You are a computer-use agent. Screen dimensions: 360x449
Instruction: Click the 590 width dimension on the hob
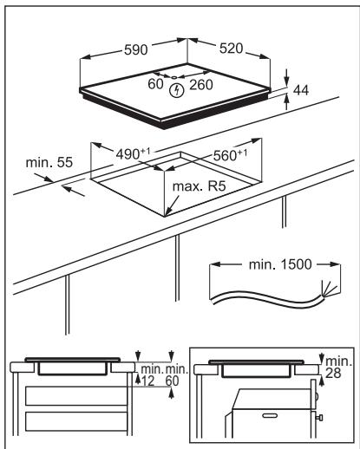(135, 49)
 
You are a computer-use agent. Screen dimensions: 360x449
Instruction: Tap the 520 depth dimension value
(231, 49)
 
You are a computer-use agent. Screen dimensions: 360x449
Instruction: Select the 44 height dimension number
(301, 90)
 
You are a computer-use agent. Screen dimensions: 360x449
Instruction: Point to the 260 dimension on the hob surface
(201, 85)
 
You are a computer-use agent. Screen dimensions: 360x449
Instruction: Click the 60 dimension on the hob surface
(155, 84)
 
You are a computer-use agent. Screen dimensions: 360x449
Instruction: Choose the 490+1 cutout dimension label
(133, 153)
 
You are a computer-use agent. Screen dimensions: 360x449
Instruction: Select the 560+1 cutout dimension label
(230, 155)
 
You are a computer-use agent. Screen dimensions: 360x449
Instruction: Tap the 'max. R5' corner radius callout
(199, 186)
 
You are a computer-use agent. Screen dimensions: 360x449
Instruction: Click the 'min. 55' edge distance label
(49, 162)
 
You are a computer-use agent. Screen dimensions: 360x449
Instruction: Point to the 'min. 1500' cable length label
(280, 264)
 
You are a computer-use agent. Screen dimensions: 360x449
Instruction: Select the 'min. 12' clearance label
(151, 375)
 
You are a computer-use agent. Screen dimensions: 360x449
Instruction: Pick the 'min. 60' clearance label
(176, 375)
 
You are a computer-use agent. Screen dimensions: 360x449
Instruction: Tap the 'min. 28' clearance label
(338, 368)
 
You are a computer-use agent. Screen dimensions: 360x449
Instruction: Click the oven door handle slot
(270, 416)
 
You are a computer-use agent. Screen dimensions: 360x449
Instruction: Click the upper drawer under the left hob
(76, 396)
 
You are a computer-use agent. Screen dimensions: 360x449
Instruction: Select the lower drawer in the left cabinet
(76, 421)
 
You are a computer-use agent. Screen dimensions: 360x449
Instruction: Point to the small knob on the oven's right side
(319, 417)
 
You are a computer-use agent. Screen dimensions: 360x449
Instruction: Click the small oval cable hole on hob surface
(174, 77)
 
